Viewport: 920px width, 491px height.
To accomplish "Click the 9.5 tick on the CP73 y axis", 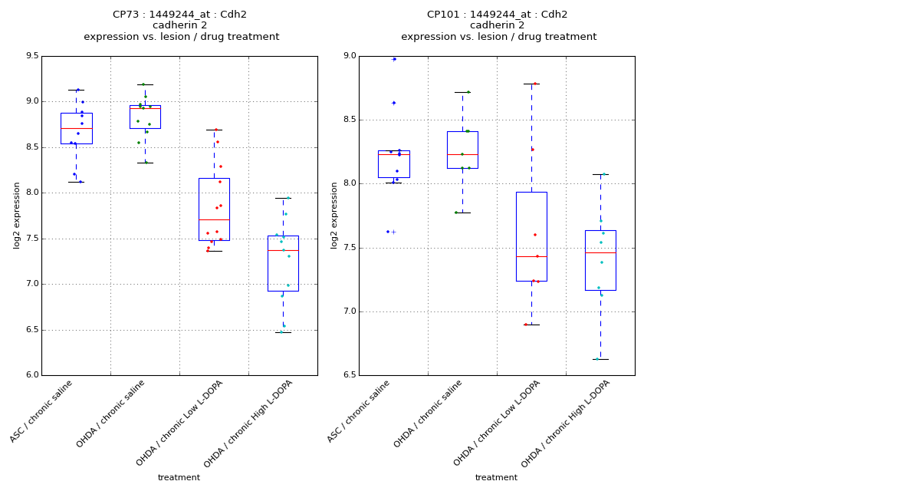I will [31, 56].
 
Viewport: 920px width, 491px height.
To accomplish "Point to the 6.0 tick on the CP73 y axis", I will [31, 375].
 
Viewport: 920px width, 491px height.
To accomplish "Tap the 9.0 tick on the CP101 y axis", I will [349, 56].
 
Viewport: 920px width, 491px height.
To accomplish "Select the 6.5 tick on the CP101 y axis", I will [349, 375].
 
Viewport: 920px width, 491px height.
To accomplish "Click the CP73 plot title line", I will [179, 15].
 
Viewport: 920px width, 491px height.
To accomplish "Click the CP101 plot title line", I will [497, 15].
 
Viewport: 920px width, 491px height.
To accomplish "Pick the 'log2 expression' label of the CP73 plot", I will [17, 215].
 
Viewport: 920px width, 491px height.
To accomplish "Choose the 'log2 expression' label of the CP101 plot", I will [334, 215].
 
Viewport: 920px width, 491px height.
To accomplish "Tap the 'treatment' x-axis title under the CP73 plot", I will [179, 478].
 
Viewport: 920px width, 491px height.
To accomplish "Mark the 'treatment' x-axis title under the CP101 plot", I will [496, 478].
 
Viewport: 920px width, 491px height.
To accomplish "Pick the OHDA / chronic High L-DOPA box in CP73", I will [283, 263].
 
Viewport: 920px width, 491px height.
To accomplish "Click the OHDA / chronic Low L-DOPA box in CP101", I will [531, 236].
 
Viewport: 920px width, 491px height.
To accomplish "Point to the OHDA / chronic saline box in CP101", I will [462, 150].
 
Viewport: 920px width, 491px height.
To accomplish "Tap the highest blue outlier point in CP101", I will [394, 59].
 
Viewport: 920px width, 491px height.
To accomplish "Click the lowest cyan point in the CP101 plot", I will [597, 359].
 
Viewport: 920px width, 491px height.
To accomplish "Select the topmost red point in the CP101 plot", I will [534, 84].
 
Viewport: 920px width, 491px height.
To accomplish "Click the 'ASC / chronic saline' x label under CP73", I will [43, 410].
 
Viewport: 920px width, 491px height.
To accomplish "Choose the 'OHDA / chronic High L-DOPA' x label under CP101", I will [563, 423].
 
